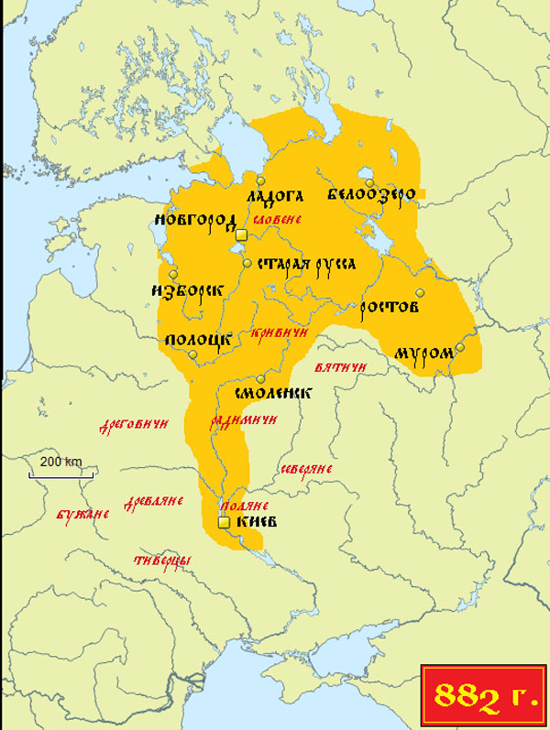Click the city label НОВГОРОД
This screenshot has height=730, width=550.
[x=195, y=220]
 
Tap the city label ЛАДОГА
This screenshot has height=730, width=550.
[x=274, y=196]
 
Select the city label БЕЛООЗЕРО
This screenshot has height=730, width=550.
[x=371, y=194]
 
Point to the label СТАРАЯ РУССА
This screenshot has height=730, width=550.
[x=305, y=264]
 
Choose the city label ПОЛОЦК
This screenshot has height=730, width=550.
[x=196, y=340]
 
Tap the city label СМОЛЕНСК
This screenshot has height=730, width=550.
[x=273, y=393]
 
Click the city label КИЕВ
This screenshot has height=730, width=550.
[x=256, y=522]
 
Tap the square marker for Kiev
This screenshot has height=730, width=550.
[x=223, y=522]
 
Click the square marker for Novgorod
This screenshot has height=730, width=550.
[x=241, y=235]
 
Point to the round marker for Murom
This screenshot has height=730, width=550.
[x=460, y=347]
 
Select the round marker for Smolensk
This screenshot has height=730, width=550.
[x=260, y=379]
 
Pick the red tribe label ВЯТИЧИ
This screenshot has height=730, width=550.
[x=340, y=367]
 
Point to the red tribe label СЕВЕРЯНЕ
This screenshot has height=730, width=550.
[x=306, y=469]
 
